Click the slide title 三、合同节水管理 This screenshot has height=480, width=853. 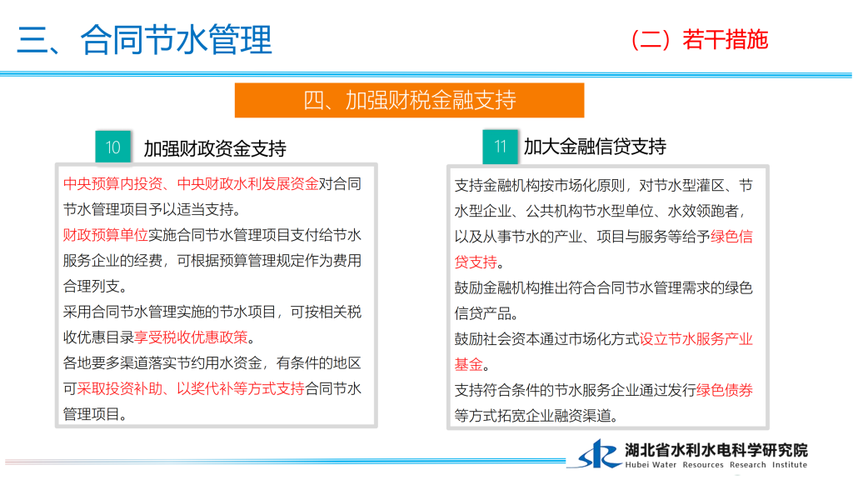point(144,40)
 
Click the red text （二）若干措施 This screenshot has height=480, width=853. point(699,40)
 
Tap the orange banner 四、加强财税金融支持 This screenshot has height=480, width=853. point(409,100)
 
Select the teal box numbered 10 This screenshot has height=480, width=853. point(112,147)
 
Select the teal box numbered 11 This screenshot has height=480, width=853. point(500,147)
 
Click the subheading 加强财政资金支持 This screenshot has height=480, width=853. point(215,148)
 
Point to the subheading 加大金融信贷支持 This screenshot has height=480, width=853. point(595,147)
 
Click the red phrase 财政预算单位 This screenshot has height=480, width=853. point(106,235)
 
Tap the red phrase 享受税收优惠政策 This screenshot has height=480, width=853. point(191,337)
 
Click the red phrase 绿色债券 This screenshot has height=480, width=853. point(725,390)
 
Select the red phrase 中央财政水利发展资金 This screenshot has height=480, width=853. point(248,184)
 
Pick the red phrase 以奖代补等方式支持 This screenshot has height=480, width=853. point(241,388)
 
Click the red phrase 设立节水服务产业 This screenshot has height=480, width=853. point(696,339)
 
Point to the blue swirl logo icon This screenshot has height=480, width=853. point(598,454)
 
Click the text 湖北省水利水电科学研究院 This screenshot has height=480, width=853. point(716,450)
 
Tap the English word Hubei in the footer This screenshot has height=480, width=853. point(636,465)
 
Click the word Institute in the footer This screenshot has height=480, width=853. point(790,465)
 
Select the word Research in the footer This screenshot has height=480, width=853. point(748,465)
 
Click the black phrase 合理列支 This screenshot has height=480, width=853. point(92,287)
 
